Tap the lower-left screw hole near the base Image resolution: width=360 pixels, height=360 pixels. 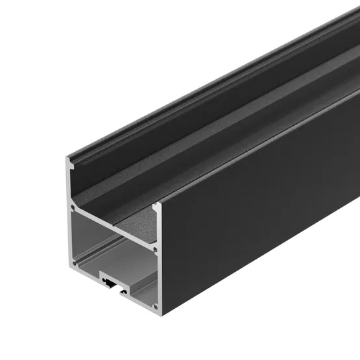pos(73,263)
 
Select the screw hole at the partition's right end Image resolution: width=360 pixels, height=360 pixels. pos(154,248)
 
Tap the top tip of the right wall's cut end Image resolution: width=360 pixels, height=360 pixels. pos(156,206)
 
